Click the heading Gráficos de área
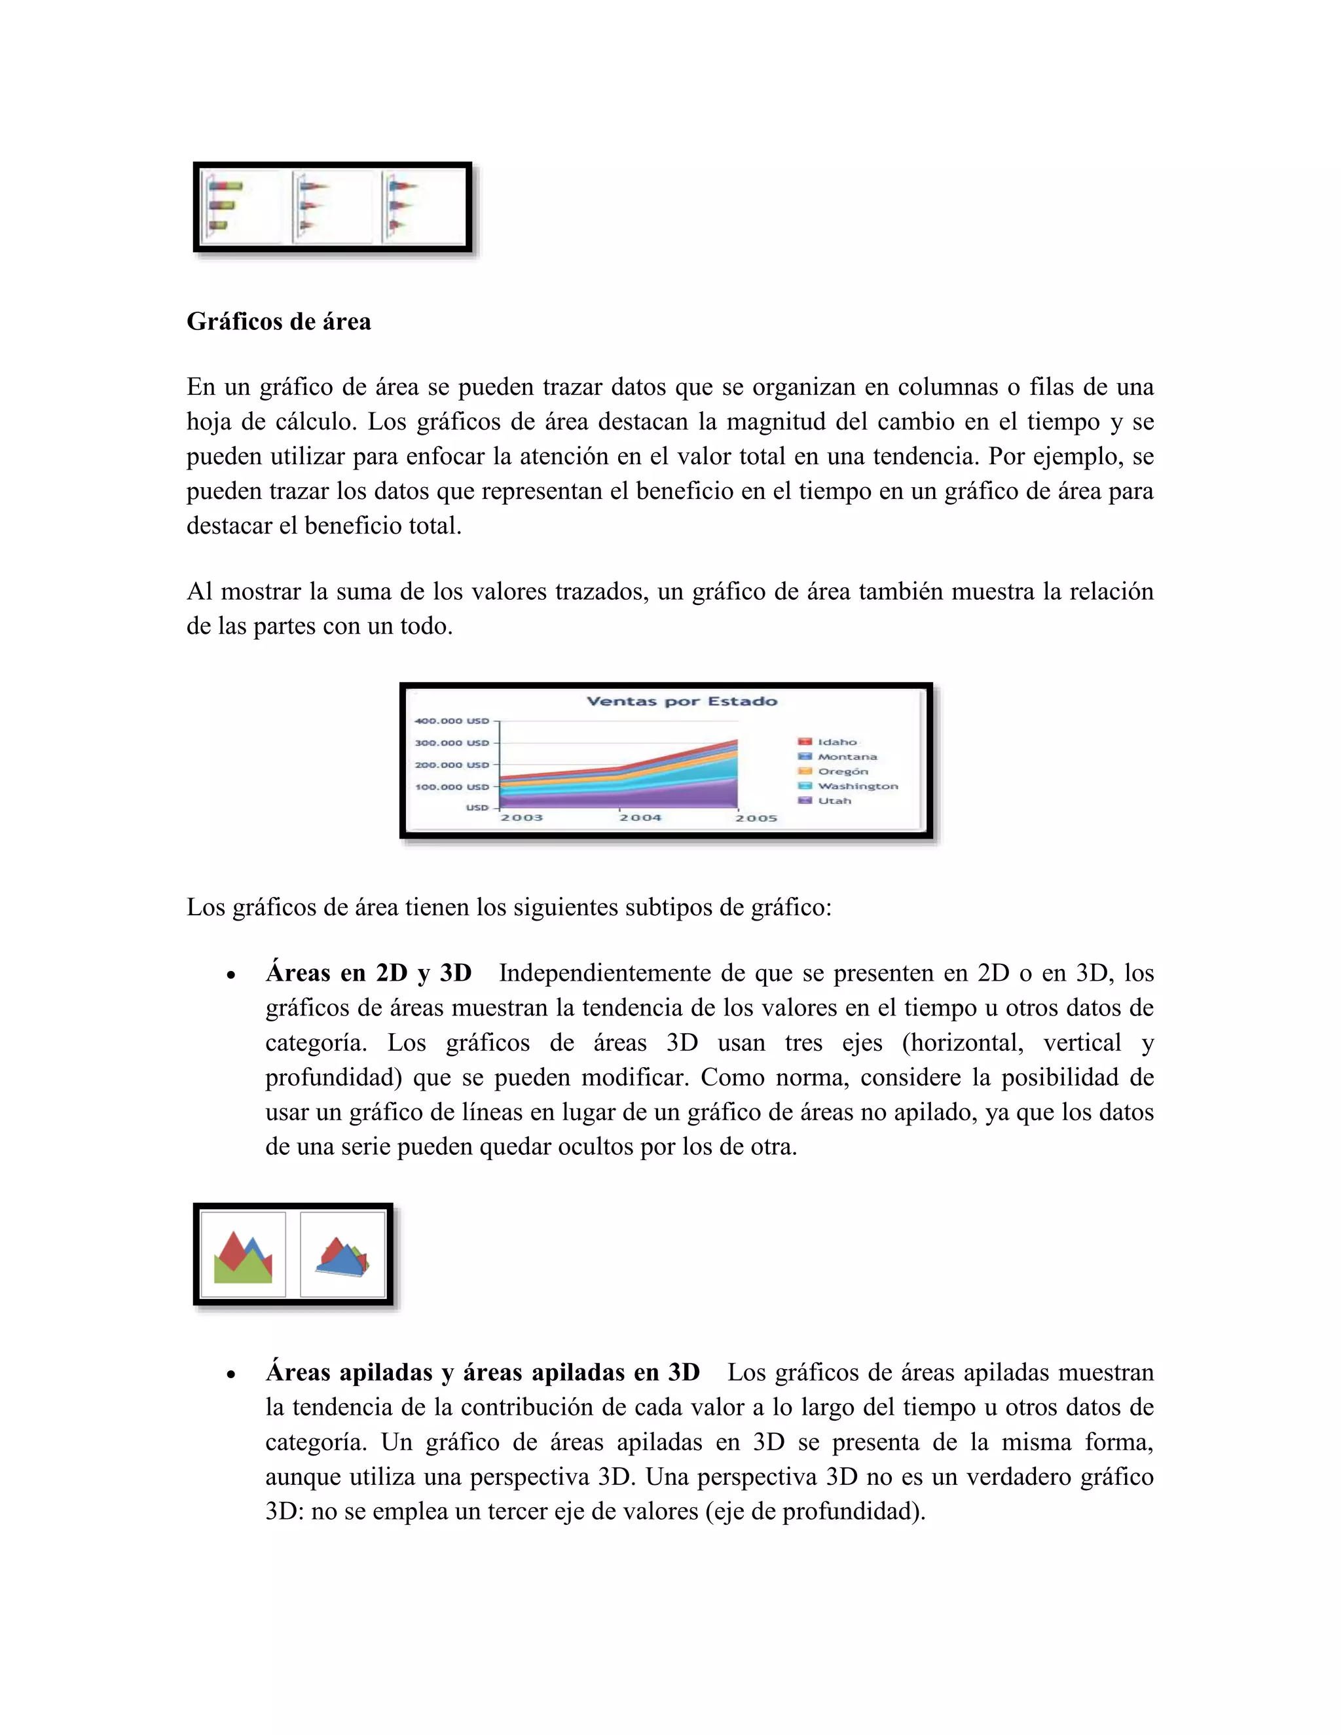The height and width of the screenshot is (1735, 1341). pos(278,321)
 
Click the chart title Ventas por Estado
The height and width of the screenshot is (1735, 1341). pos(681,701)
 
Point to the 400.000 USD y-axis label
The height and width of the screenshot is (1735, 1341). pos(451,721)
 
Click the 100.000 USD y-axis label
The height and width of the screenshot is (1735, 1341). pos(451,787)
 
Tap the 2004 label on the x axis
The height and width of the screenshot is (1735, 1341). pos(640,818)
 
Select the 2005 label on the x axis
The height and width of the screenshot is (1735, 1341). pos(756,818)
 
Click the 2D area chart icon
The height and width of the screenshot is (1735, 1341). pos(243,1255)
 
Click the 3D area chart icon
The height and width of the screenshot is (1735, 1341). pos(342,1255)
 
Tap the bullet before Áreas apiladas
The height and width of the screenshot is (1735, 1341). pos(230,1374)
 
